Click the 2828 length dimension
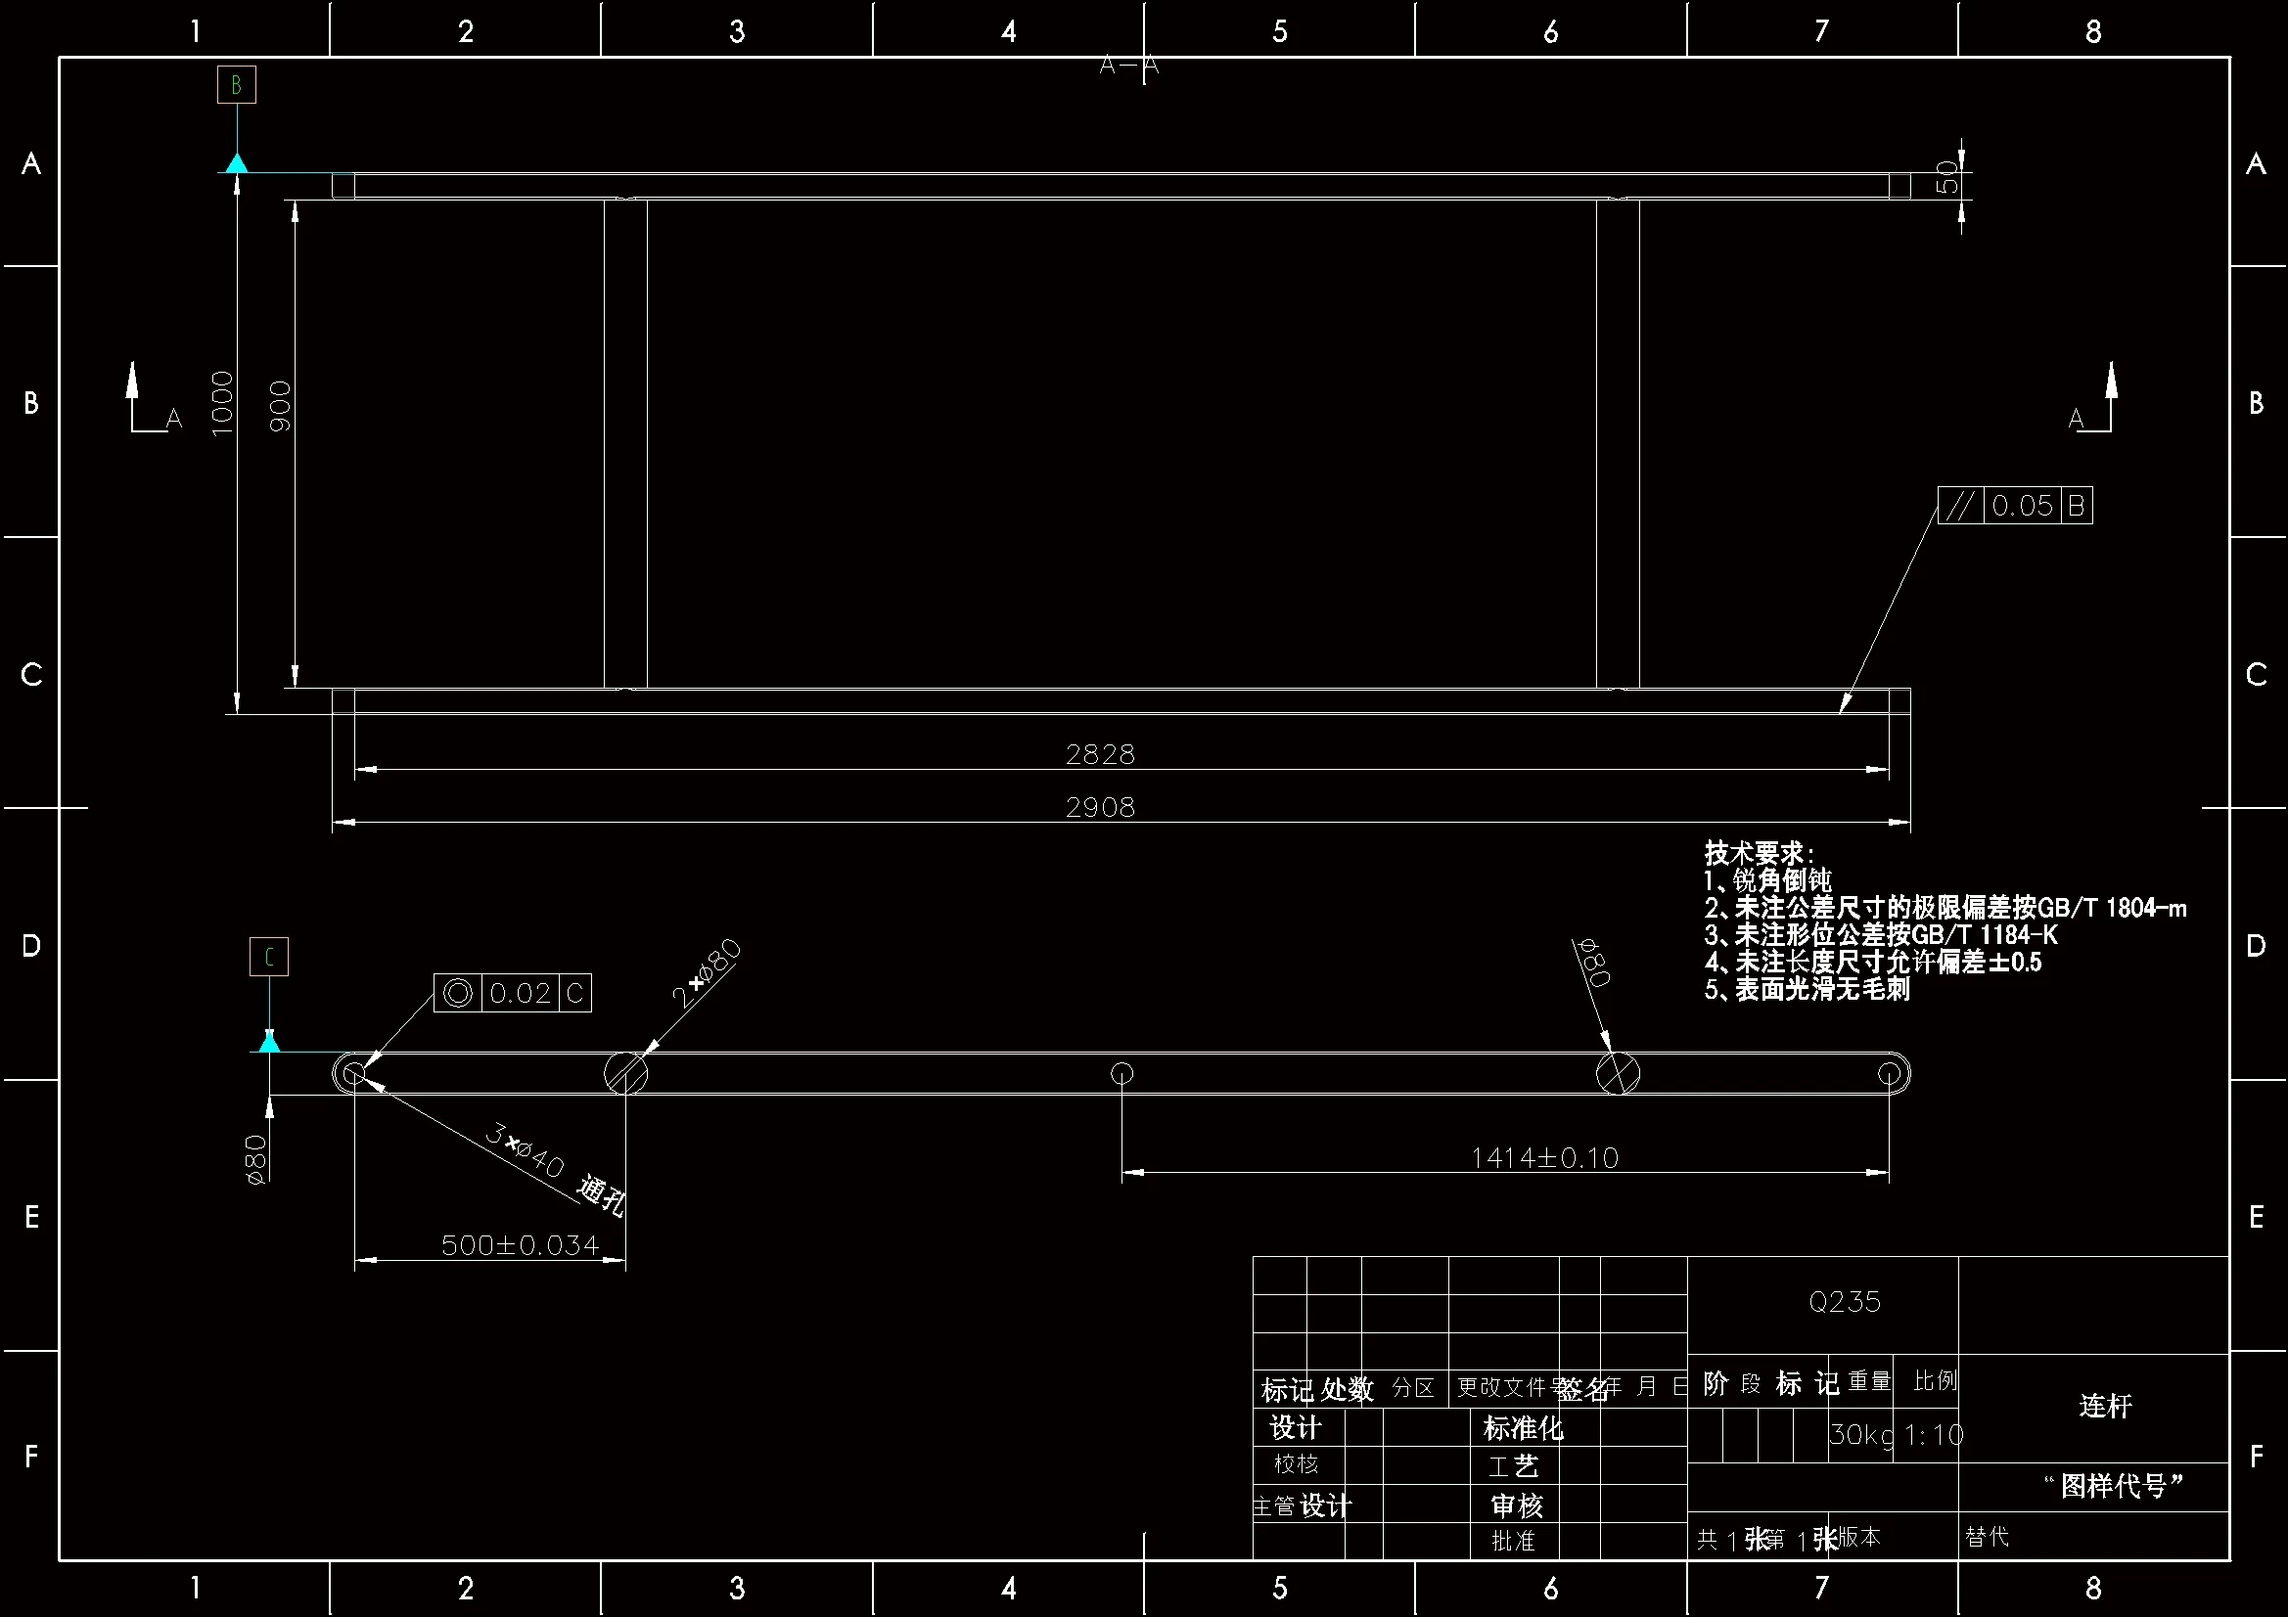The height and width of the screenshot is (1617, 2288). [1100, 754]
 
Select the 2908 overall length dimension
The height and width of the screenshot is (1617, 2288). [1100, 807]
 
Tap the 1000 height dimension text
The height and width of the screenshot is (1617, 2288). [222, 402]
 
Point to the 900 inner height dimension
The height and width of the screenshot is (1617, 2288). [281, 406]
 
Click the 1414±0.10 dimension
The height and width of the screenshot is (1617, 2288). [1544, 1157]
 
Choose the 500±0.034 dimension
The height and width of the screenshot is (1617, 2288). [520, 1245]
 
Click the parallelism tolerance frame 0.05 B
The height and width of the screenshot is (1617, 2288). [2014, 506]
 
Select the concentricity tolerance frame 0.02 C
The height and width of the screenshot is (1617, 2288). [512, 993]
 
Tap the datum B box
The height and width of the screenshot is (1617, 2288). [237, 85]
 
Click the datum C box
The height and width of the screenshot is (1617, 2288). [269, 958]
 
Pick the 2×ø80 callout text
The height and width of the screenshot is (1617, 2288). [706, 972]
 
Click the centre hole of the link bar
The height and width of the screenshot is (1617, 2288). [1122, 1074]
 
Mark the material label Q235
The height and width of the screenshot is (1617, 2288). [1845, 1302]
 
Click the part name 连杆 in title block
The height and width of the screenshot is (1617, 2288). [2105, 1406]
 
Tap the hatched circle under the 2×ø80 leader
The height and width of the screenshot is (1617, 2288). [625, 1074]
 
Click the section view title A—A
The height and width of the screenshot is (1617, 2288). [1129, 66]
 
